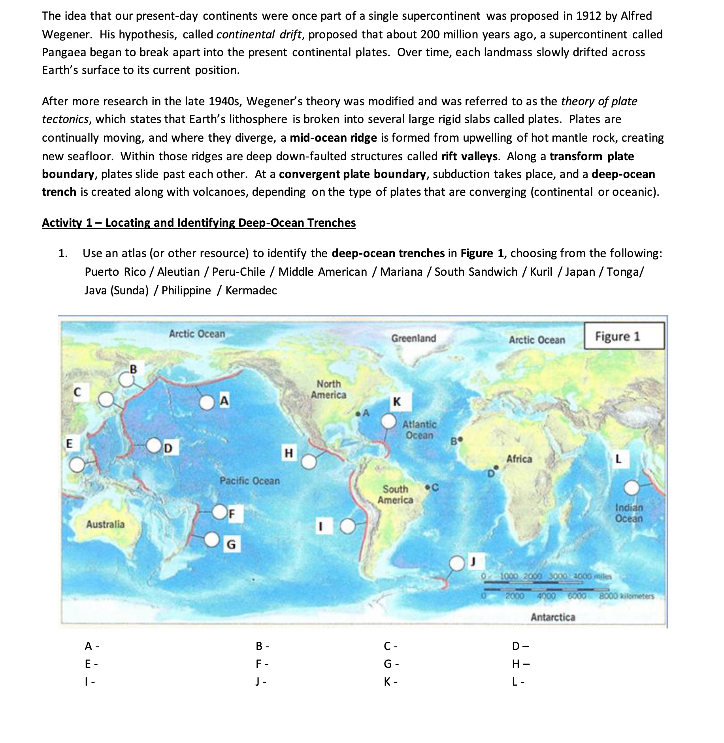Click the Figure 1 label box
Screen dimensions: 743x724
(x=624, y=336)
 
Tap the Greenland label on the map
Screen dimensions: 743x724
(x=413, y=338)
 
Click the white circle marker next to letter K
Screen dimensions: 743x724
(x=388, y=421)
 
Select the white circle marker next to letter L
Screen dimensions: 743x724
(x=632, y=488)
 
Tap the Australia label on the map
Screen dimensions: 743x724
(x=105, y=524)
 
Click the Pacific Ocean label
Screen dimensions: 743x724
(x=249, y=481)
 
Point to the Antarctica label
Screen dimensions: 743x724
(x=552, y=617)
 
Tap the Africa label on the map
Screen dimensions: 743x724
(x=519, y=459)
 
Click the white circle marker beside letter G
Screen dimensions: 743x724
(x=213, y=538)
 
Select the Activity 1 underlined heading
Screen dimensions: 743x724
(x=199, y=223)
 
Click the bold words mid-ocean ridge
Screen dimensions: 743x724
(x=333, y=138)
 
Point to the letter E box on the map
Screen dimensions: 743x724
(x=69, y=444)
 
